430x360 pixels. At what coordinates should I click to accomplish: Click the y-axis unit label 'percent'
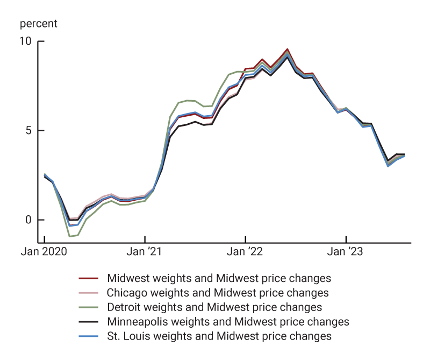point(38,24)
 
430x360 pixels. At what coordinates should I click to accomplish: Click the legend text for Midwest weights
point(219,278)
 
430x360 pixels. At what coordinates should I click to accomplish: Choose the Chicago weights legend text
point(218,293)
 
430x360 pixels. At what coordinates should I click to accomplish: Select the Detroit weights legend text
point(214,307)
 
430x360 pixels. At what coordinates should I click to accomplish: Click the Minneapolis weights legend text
point(228,322)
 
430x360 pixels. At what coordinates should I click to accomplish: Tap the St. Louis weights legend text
point(219,336)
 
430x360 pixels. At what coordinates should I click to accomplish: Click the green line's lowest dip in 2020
point(69,236)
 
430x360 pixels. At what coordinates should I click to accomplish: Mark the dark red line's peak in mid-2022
point(287,49)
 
